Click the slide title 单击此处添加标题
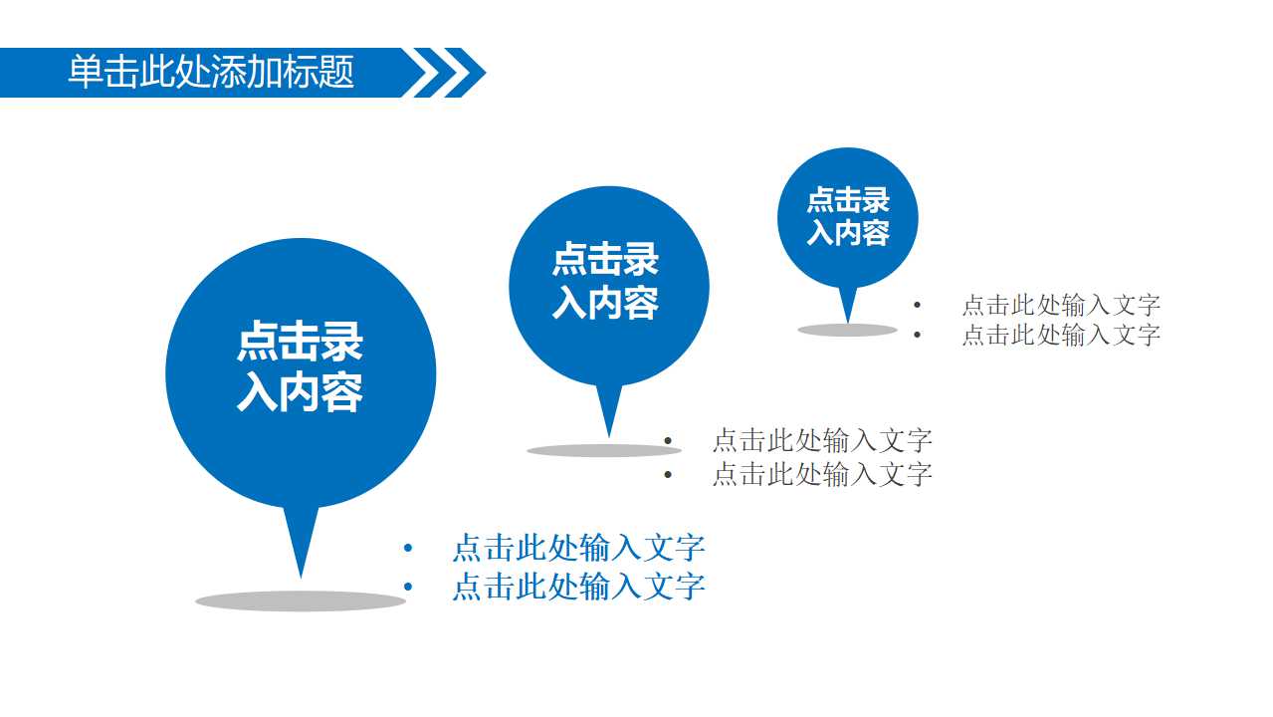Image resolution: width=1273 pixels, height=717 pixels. pyautogui.click(x=211, y=73)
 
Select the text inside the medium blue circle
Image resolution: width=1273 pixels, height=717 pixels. pyautogui.click(x=606, y=281)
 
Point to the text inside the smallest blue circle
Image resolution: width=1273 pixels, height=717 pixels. pyautogui.click(x=848, y=216)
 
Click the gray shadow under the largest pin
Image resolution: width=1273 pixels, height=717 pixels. pyautogui.click(x=301, y=600)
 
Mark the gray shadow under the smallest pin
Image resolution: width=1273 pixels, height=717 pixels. pyautogui.click(x=847, y=330)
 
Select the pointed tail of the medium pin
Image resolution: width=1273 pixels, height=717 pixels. pyautogui.click(x=609, y=408)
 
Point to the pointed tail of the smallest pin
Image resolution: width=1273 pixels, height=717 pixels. pyautogui.click(x=848, y=303)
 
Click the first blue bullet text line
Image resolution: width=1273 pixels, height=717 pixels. pyautogui.click(x=578, y=548)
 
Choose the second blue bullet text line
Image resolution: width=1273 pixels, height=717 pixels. pyautogui.click(x=578, y=587)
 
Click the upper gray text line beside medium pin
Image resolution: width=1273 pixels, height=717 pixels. pyautogui.click(x=822, y=440)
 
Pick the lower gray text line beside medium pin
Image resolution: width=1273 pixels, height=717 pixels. pyautogui.click(x=822, y=474)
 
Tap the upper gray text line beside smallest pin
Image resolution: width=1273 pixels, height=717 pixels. pyautogui.click(x=1061, y=305)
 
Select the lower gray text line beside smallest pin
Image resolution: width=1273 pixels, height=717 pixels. pyautogui.click(x=1061, y=335)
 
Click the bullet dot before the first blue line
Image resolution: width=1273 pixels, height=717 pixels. pyautogui.click(x=407, y=548)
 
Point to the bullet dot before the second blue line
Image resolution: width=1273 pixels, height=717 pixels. pyautogui.click(x=407, y=587)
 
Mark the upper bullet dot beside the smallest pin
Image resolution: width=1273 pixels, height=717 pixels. pyautogui.click(x=917, y=305)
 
